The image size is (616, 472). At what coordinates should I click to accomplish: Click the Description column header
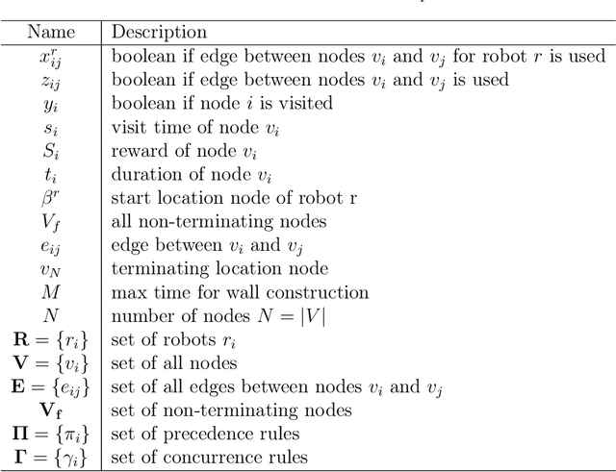(159, 33)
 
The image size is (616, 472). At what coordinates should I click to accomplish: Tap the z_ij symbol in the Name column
(50, 81)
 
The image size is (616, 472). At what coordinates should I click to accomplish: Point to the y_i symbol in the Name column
(50, 104)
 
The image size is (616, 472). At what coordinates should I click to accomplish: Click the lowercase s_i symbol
(50, 127)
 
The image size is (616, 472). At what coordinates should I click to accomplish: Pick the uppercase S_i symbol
(50, 150)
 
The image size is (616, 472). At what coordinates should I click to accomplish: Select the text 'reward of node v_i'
(178, 151)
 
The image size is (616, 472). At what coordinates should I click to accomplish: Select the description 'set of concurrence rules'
(210, 458)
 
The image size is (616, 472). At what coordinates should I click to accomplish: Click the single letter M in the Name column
(50, 292)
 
